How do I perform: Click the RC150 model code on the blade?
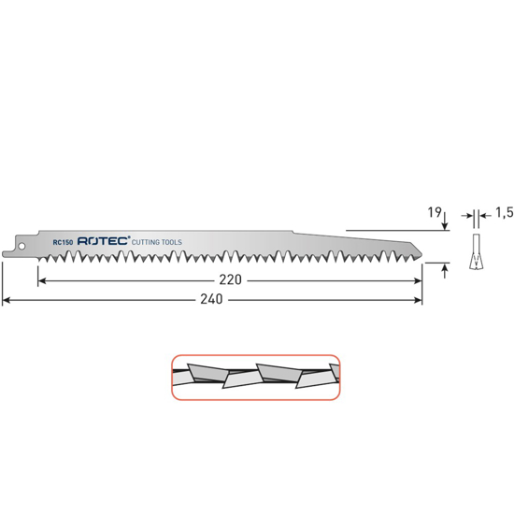click(x=64, y=242)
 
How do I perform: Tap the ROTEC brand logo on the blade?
click(x=105, y=242)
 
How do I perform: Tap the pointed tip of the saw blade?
click(x=421, y=256)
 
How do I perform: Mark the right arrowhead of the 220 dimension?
click(x=418, y=279)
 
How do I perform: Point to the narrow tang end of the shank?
click(x=6, y=250)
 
